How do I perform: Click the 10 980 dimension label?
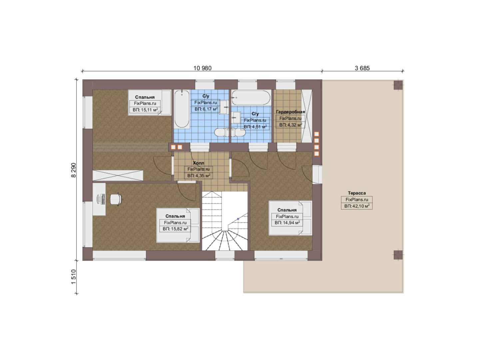202,68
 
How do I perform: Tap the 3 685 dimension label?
362,68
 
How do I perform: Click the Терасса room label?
357,193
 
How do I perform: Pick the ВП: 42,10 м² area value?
357,206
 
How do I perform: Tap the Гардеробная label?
290,112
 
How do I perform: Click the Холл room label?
199,163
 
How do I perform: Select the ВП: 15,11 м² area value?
145,110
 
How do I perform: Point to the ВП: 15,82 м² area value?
175,229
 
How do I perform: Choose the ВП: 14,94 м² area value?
287,223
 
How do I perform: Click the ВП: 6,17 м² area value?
206,109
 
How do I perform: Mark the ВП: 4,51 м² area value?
255,127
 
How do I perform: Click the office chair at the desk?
116,199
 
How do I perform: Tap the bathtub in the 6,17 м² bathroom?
182,109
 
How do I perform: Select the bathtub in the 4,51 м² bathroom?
251,98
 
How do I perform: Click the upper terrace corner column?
398,85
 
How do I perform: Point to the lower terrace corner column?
398,255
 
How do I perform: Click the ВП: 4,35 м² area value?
199,176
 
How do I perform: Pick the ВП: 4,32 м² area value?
290,125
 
